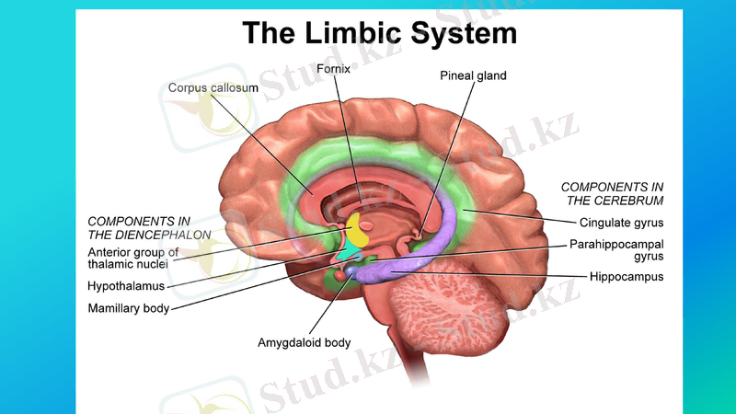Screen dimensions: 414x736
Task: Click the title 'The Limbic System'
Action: [x=379, y=33]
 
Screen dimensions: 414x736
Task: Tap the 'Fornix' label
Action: [x=332, y=69]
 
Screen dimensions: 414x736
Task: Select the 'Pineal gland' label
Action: [x=473, y=75]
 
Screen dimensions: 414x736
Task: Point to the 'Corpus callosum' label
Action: [x=213, y=87]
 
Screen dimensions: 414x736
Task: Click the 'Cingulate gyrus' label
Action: [x=621, y=223]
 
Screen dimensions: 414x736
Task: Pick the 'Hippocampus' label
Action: [x=627, y=276]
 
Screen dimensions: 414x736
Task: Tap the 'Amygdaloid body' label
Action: [x=304, y=343]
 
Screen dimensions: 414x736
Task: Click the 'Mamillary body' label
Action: [x=129, y=308]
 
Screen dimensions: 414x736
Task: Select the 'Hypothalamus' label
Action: [x=126, y=286]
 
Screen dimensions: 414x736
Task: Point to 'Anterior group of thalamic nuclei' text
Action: [x=132, y=258]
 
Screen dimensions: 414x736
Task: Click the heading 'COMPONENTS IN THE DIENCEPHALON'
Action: [x=139, y=228]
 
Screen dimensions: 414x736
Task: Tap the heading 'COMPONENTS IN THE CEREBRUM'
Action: [x=612, y=193]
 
